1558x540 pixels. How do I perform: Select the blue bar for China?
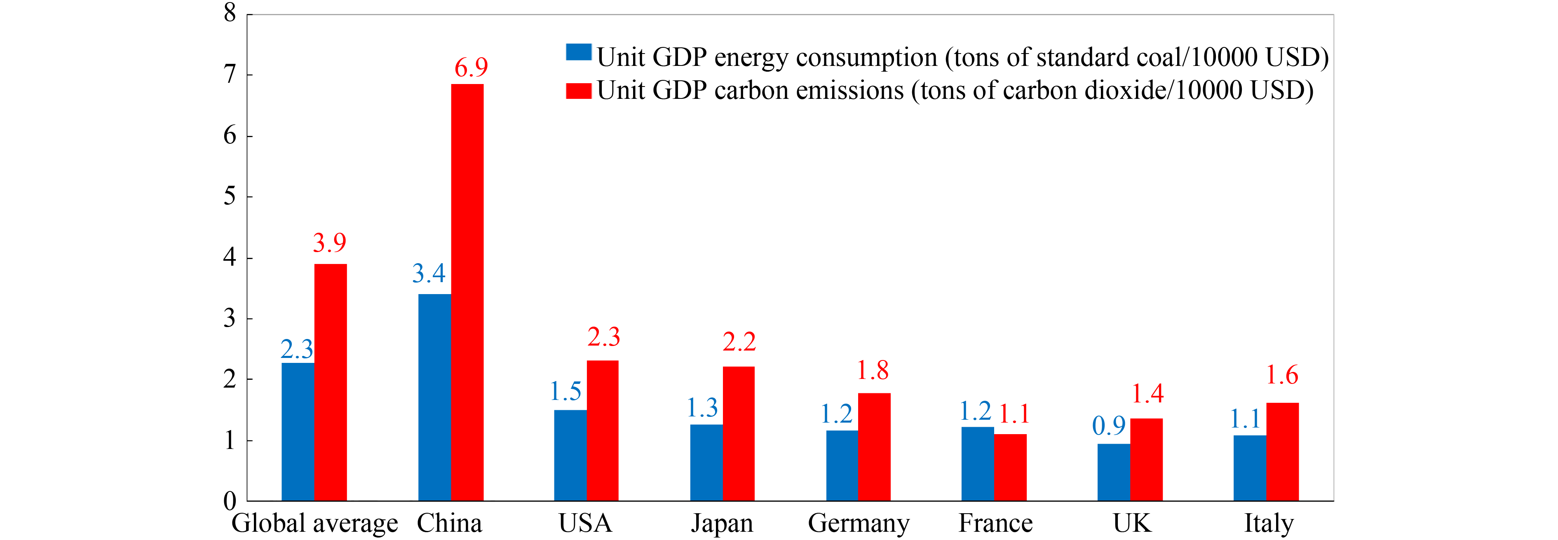click(434, 397)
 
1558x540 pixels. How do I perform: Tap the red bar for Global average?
click(330, 382)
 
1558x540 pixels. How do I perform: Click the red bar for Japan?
click(739, 434)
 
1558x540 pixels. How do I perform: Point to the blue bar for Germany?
click(842, 465)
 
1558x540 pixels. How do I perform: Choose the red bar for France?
click(1010, 468)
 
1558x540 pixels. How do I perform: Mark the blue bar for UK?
click(1113, 472)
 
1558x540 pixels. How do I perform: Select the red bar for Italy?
click(1282, 452)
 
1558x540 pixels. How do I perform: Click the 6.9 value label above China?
click(471, 68)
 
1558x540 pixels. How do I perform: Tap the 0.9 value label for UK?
click(1109, 426)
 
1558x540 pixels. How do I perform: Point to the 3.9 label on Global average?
click(330, 243)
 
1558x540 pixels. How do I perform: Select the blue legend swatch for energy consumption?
click(578, 52)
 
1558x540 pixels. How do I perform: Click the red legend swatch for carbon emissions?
click(578, 91)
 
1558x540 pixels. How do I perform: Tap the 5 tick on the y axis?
click(230, 196)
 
